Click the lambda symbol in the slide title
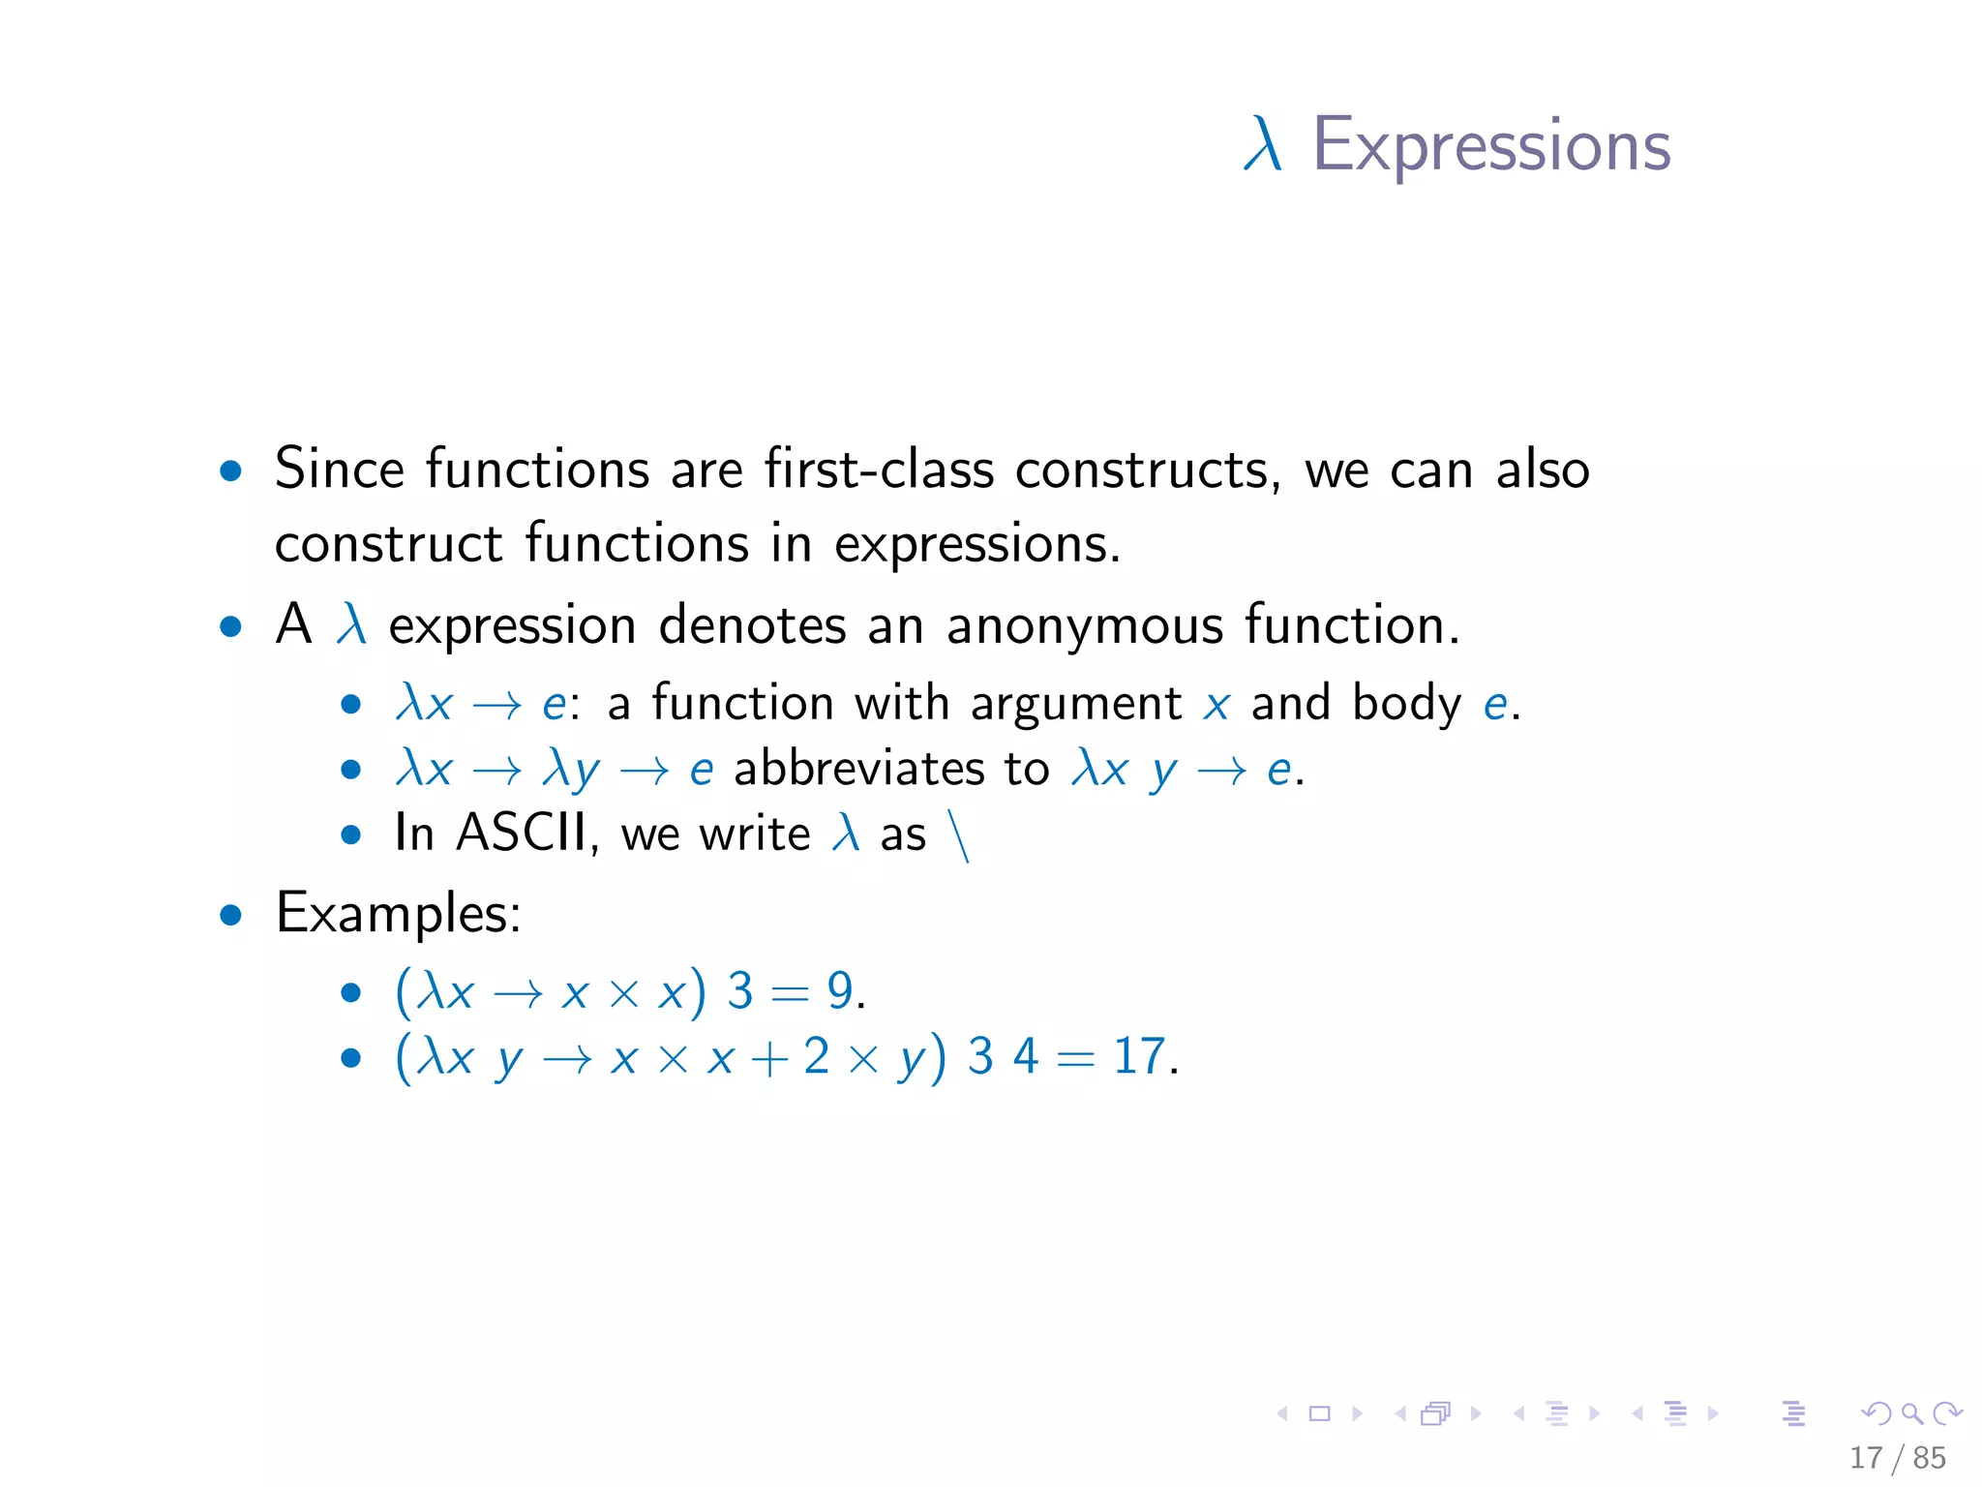1263,145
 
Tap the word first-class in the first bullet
879,470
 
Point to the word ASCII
522,833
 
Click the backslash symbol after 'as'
959,836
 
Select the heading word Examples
398,913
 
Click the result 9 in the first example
840,991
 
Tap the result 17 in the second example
1139,1056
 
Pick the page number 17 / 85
1897,1458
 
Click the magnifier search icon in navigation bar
1911,1414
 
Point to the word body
1405,704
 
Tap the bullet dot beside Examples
230,915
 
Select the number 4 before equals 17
1026,1056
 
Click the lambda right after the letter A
351,624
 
